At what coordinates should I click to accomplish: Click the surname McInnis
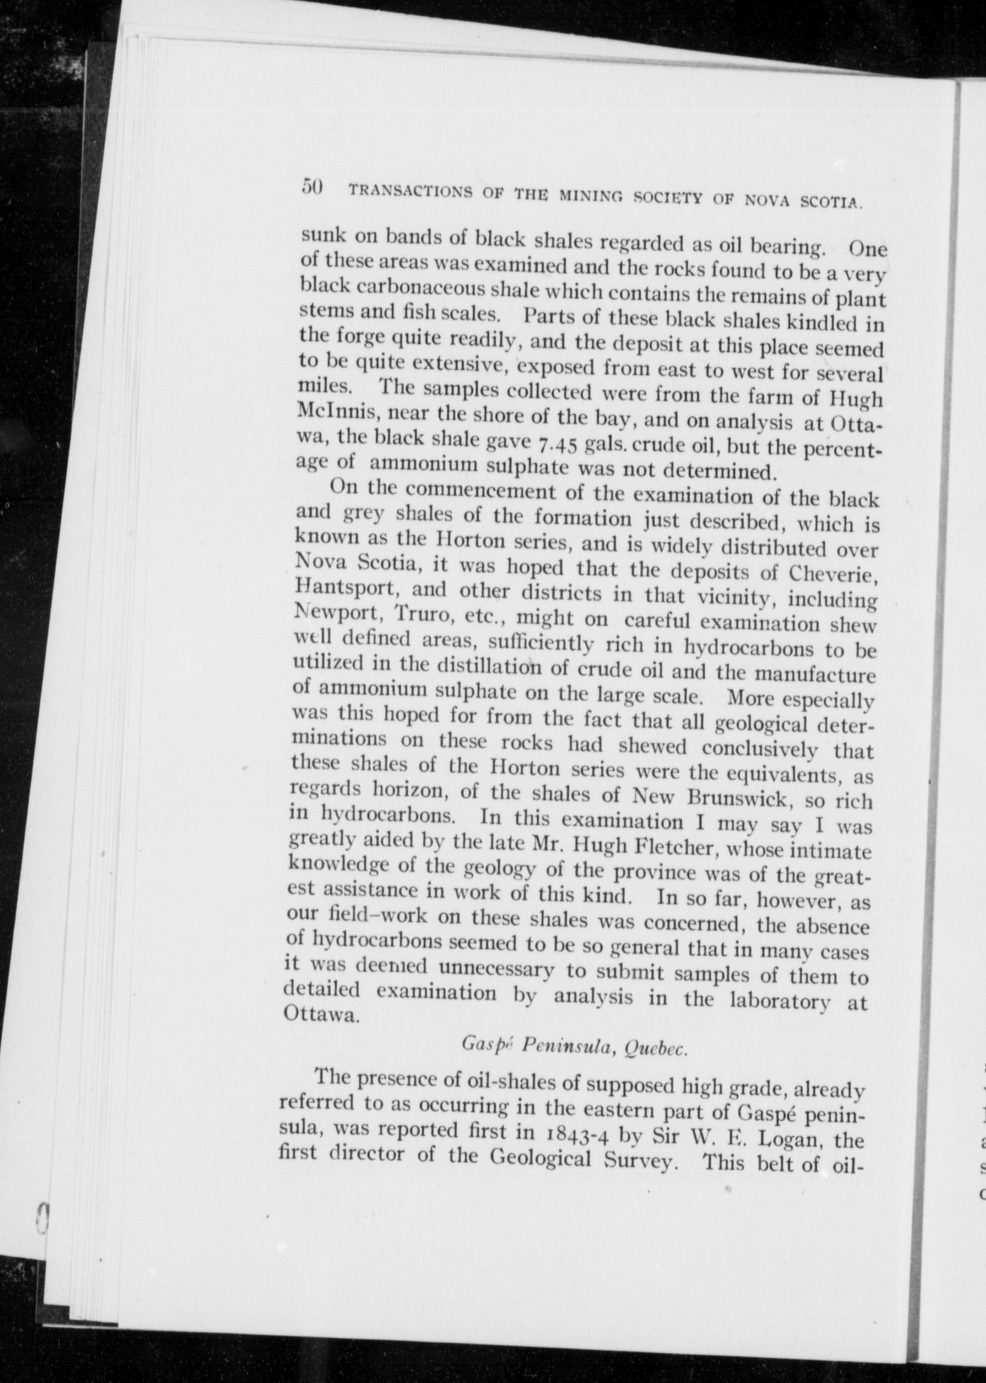click(330, 414)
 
